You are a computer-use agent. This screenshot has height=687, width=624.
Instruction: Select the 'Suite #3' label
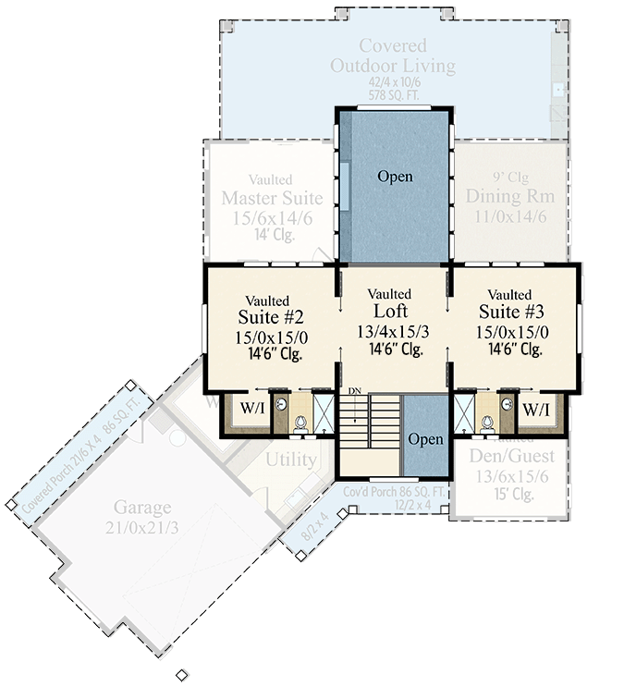(515, 313)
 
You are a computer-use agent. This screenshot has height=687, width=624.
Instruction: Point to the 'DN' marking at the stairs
(354, 391)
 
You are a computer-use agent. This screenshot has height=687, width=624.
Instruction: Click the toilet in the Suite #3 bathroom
(487, 423)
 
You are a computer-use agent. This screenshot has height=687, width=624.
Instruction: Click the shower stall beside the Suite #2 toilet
(324, 411)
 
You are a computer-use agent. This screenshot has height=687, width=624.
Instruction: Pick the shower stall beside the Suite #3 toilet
(465, 411)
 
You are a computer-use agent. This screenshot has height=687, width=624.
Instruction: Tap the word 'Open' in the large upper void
(395, 176)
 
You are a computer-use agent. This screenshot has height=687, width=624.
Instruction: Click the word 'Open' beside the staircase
(425, 439)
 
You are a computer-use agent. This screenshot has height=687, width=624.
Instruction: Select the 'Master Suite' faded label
(272, 198)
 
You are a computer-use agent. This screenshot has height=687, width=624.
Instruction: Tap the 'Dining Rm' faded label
(509, 196)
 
